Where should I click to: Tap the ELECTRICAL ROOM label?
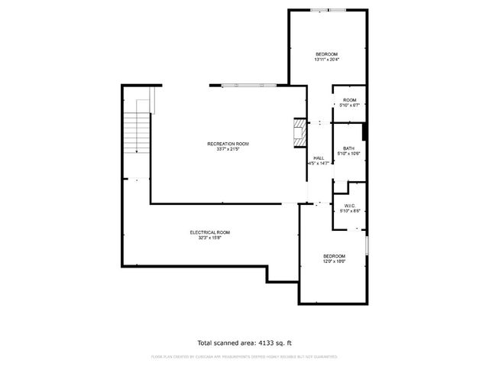point(209,232)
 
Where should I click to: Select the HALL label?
point(319,158)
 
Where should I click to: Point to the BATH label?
point(348,148)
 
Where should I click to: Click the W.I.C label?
point(349,206)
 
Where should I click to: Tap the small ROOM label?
point(349,100)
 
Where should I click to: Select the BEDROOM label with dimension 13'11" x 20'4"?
point(327,54)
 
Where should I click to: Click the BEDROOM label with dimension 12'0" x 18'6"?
point(334,256)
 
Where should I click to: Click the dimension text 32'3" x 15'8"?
point(209,238)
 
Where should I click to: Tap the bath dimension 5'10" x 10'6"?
point(348,154)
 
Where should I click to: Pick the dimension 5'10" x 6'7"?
point(349,106)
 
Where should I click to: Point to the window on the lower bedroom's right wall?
point(367,245)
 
